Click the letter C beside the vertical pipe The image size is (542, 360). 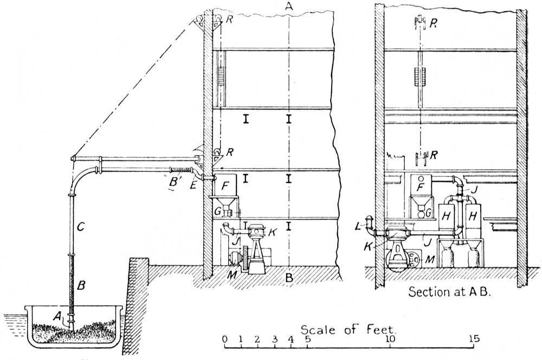pos(80,228)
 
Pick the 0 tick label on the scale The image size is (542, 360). pos(224,339)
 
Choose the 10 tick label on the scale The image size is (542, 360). pos(389,339)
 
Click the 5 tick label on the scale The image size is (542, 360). pos(308,339)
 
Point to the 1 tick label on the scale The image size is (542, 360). pos(241,339)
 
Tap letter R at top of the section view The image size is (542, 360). pos(433,23)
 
